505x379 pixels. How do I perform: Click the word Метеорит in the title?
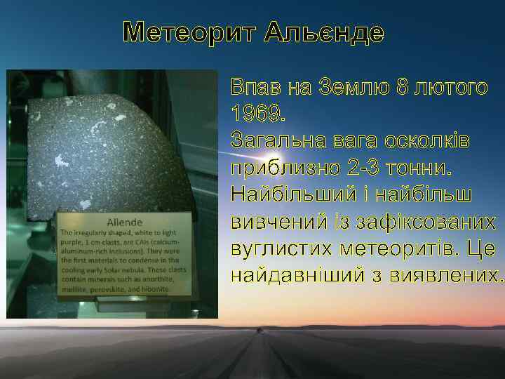180,32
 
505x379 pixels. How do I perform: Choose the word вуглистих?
281,248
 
